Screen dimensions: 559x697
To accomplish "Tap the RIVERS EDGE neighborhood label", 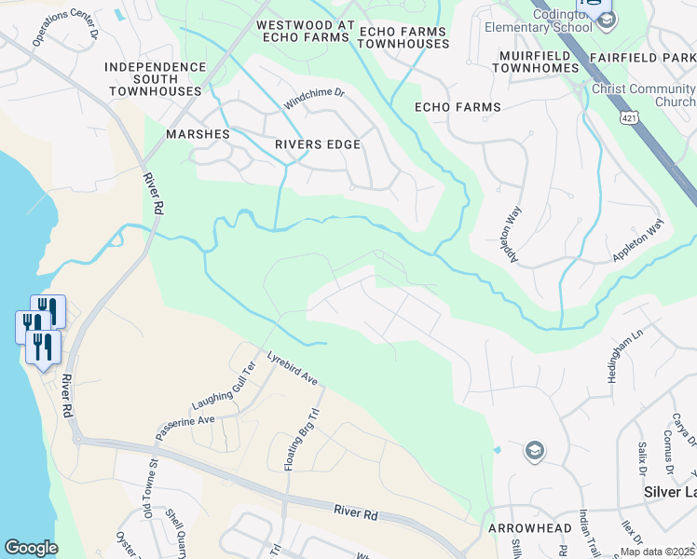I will click(x=317, y=145).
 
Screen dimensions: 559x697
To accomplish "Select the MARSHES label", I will click(x=198, y=134).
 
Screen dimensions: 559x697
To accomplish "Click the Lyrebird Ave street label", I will click(x=293, y=368).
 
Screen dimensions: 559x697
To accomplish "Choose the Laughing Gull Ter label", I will click(x=223, y=387).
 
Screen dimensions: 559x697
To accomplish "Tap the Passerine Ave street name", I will click(x=185, y=427).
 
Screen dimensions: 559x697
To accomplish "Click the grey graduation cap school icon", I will click(x=534, y=452).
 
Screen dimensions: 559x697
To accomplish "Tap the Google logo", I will click(x=31, y=548).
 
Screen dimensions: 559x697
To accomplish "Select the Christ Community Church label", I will click(x=644, y=95).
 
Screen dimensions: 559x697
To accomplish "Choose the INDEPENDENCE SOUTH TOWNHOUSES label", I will click(x=156, y=79).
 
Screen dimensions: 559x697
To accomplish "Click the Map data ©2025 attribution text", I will click(x=657, y=552).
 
